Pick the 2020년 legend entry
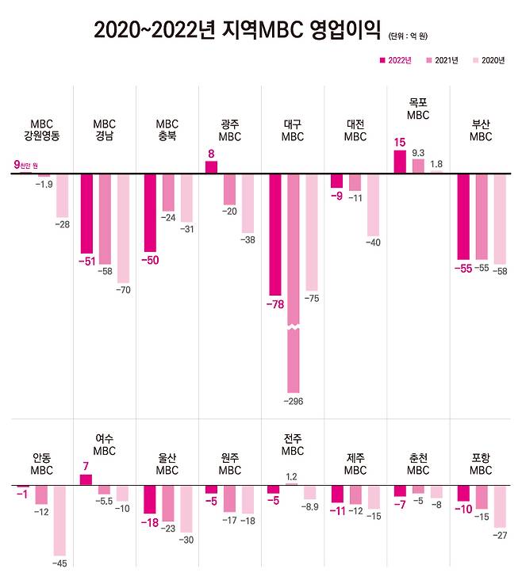tap(489, 60)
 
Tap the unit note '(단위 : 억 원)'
tap(413, 35)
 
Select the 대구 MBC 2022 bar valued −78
tap(274, 234)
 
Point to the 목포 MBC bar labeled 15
tap(401, 162)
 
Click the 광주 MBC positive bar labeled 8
tap(211, 167)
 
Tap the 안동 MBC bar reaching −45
tap(60, 520)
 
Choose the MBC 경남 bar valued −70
tap(123, 228)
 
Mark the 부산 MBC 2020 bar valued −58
tap(500, 219)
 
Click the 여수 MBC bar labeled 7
tap(86, 479)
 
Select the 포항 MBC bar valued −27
tap(500, 506)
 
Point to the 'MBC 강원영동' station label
tap(41, 130)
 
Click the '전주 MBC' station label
tap(292, 445)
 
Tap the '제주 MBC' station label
tap(355, 464)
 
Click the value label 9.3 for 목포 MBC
tap(418, 152)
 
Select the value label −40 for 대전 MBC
tap(372, 242)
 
